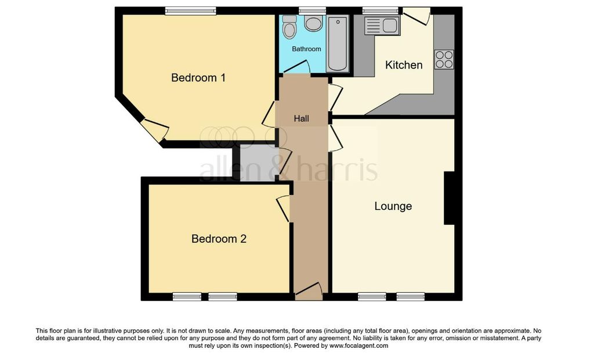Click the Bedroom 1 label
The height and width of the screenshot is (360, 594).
198,78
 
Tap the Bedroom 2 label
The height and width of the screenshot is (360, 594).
219,238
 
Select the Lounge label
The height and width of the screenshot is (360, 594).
393,206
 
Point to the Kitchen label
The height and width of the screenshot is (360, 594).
404,65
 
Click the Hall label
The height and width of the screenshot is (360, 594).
301,119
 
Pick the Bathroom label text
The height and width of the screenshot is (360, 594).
306,49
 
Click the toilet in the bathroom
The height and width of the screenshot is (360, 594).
289,26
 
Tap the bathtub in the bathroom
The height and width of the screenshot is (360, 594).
338,43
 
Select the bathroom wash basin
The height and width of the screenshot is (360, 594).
313,24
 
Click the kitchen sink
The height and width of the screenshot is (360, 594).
381,26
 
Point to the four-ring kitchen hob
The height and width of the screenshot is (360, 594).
444,60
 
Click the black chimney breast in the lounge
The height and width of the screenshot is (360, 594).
449,198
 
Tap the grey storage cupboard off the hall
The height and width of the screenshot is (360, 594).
259,163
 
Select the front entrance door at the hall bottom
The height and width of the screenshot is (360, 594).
309,292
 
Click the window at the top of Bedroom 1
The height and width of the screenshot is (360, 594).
190,10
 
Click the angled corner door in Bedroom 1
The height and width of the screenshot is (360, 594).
154,130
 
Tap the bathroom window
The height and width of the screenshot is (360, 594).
312,10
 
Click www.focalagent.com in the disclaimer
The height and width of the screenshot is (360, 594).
358,346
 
